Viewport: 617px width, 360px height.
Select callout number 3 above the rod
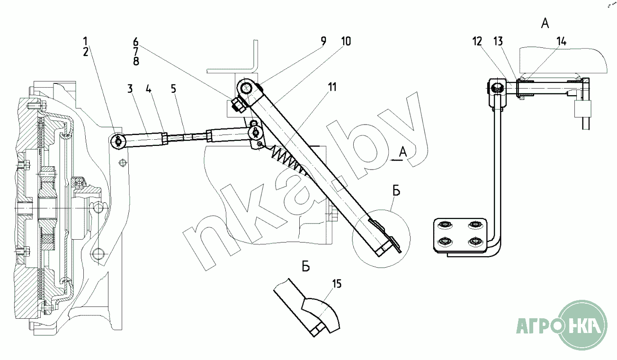130,89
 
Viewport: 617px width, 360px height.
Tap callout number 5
174,89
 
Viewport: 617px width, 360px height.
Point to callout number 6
135,41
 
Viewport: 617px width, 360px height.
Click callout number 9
323,41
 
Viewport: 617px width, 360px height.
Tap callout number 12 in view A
477,41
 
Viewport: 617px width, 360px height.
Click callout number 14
561,41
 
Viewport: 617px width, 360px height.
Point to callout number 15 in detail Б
337,284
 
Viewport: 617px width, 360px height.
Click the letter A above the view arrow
403,152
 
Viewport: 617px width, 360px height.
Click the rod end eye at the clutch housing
118,140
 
